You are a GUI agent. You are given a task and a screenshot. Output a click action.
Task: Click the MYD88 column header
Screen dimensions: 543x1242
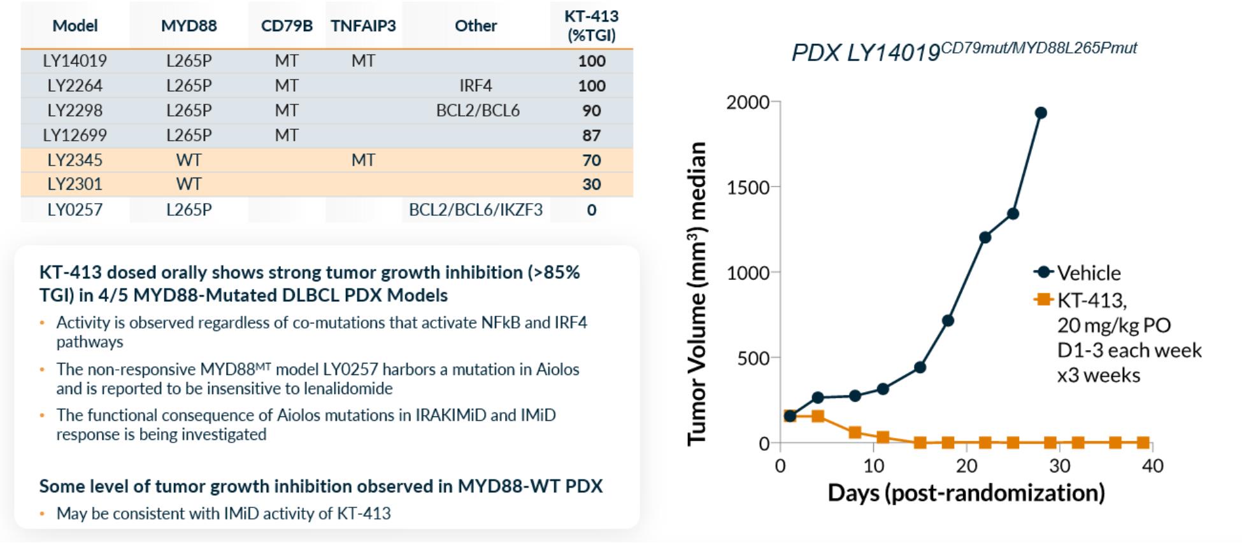point(189,26)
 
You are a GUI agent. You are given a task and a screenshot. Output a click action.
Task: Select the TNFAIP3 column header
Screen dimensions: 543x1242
point(363,26)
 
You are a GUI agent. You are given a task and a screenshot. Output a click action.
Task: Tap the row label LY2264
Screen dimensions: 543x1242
point(75,85)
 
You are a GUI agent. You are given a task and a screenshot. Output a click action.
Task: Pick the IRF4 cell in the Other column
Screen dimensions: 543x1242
point(476,85)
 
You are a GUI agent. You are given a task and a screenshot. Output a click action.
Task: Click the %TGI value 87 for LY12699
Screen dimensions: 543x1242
point(591,135)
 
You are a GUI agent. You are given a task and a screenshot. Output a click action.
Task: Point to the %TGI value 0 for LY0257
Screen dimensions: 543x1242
point(592,210)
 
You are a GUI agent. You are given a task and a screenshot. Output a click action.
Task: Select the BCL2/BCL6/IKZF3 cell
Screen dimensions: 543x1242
point(476,210)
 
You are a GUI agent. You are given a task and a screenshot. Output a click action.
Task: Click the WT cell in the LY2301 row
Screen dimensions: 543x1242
point(189,184)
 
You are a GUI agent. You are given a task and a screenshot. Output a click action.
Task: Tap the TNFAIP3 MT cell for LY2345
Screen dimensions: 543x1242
point(363,160)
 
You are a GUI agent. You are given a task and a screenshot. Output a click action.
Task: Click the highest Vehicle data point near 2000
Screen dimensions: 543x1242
point(1041,113)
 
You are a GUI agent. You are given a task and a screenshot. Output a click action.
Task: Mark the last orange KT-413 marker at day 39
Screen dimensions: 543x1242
point(1143,442)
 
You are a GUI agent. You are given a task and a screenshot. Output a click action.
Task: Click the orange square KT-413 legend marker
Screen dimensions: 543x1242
point(1043,299)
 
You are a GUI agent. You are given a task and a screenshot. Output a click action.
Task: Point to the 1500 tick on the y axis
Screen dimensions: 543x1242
point(748,188)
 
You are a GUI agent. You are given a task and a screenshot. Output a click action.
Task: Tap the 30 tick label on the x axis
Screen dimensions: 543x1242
point(1059,466)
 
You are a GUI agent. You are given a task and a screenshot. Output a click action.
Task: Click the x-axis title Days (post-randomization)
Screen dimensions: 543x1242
point(966,493)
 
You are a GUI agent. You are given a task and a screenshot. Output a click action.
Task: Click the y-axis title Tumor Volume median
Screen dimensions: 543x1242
point(697,293)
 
